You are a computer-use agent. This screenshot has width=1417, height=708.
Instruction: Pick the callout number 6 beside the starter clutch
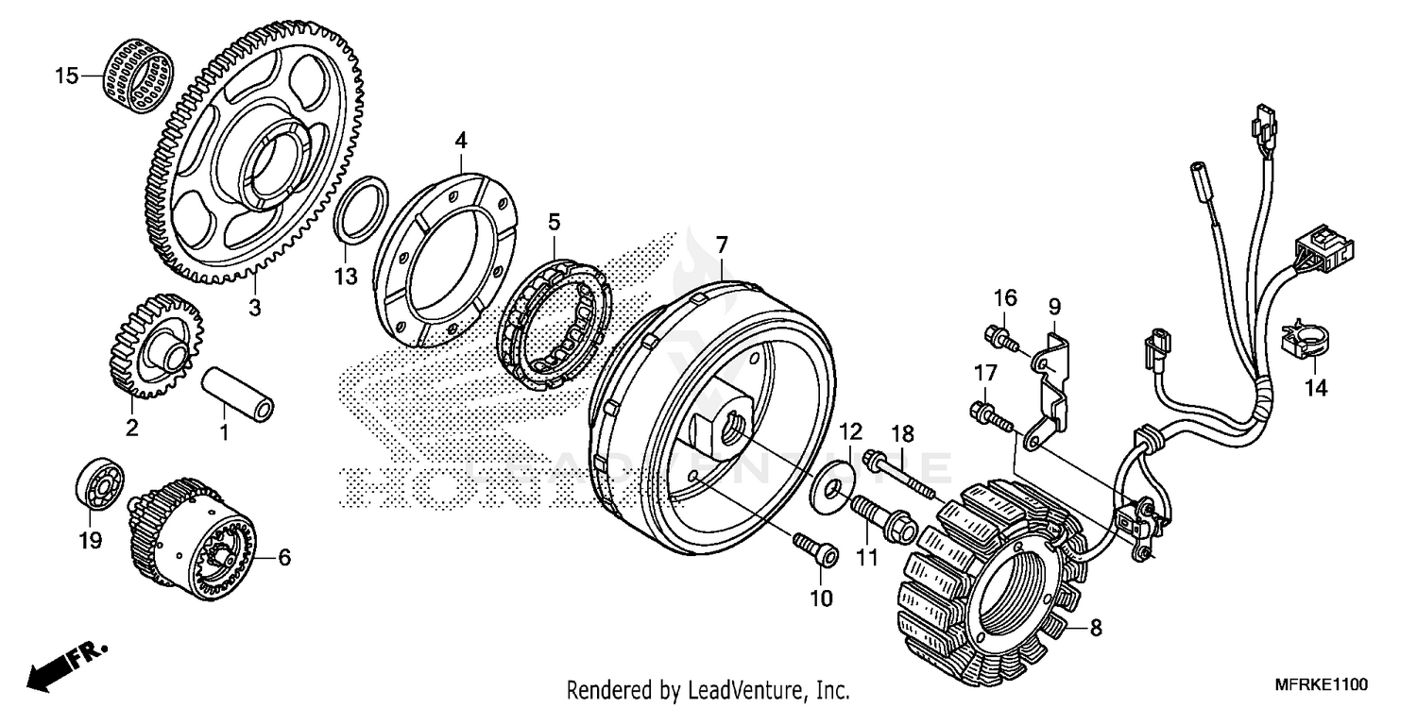point(284,558)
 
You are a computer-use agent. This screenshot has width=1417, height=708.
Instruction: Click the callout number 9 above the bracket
point(1054,306)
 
